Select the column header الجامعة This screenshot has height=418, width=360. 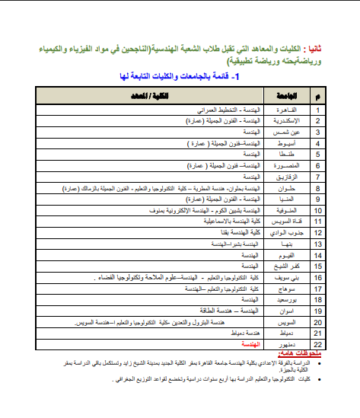pyautogui.click(x=285, y=96)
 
